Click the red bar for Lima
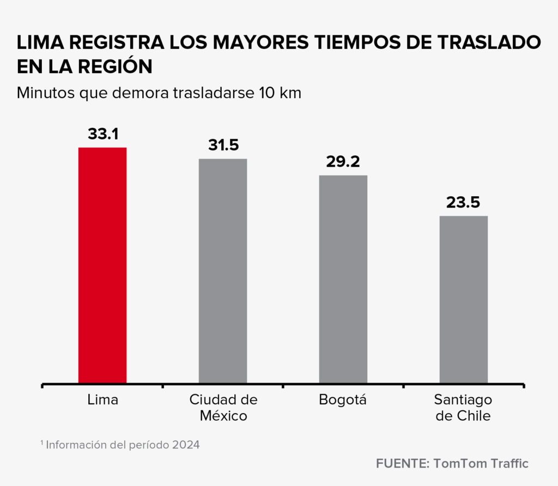[102, 265]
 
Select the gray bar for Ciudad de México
[223, 270]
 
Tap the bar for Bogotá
[343, 279]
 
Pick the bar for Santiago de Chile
[463, 299]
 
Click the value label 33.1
[103, 134]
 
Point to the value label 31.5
[223, 145]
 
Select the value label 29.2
[343, 162]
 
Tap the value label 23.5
[463, 203]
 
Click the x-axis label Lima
[102, 400]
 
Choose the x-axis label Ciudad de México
[223, 408]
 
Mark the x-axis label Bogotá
[343, 400]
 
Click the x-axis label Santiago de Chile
[463, 408]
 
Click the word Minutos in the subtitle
[45, 93]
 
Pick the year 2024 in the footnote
[186, 445]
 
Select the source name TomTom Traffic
[481, 464]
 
